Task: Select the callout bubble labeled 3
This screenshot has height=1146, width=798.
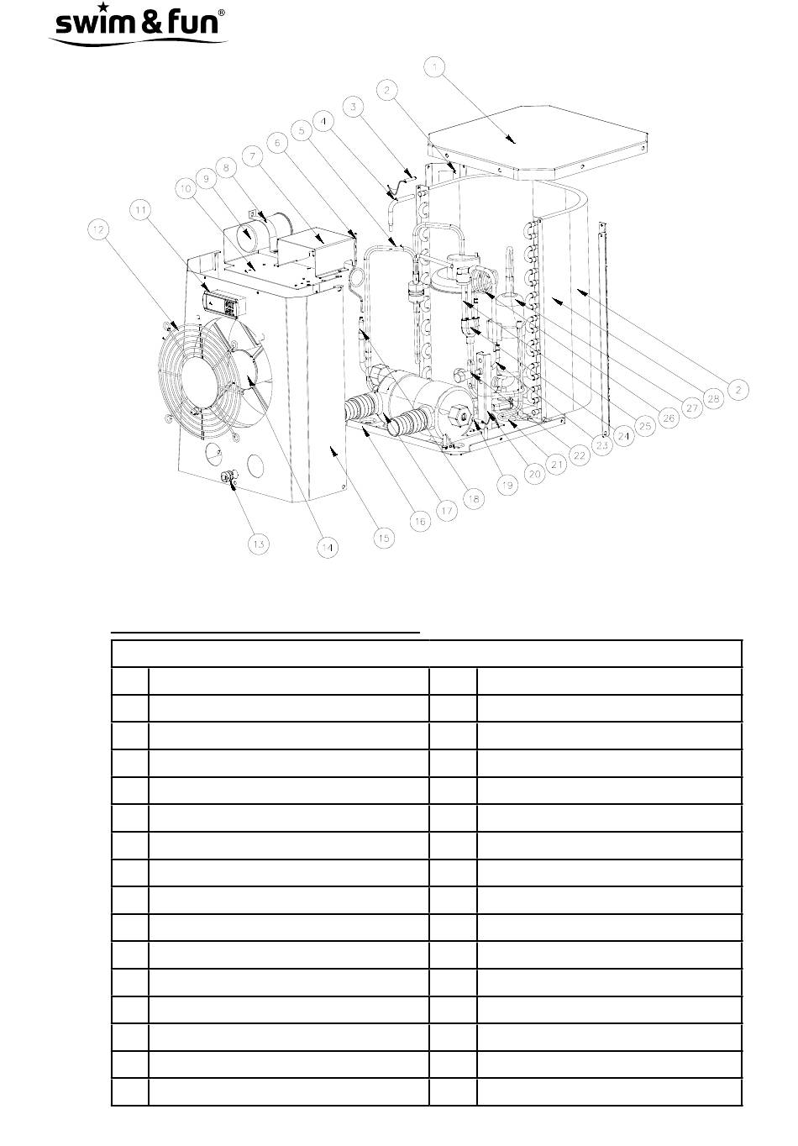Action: pyautogui.click(x=354, y=107)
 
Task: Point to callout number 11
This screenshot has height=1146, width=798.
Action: pyautogui.click(x=143, y=208)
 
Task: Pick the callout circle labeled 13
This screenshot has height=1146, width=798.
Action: pyautogui.click(x=259, y=544)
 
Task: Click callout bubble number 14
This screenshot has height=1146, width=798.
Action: pyautogui.click(x=326, y=547)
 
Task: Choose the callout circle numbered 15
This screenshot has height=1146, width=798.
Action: pyautogui.click(x=383, y=538)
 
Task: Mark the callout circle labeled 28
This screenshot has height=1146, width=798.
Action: pyautogui.click(x=715, y=398)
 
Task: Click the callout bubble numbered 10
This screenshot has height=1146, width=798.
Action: pyautogui.click(x=184, y=192)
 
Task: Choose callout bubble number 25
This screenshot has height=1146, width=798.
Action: pyautogui.click(x=644, y=426)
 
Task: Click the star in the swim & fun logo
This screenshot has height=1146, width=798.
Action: pyautogui.click(x=102, y=8)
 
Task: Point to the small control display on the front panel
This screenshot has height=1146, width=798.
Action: pyautogui.click(x=224, y=302)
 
